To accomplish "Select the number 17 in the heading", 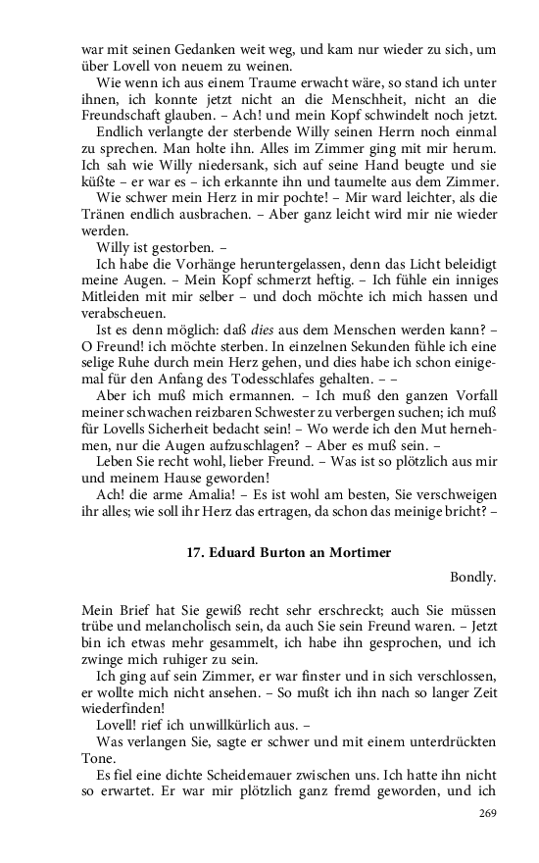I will pyautogui.click(x=195, y=552).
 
